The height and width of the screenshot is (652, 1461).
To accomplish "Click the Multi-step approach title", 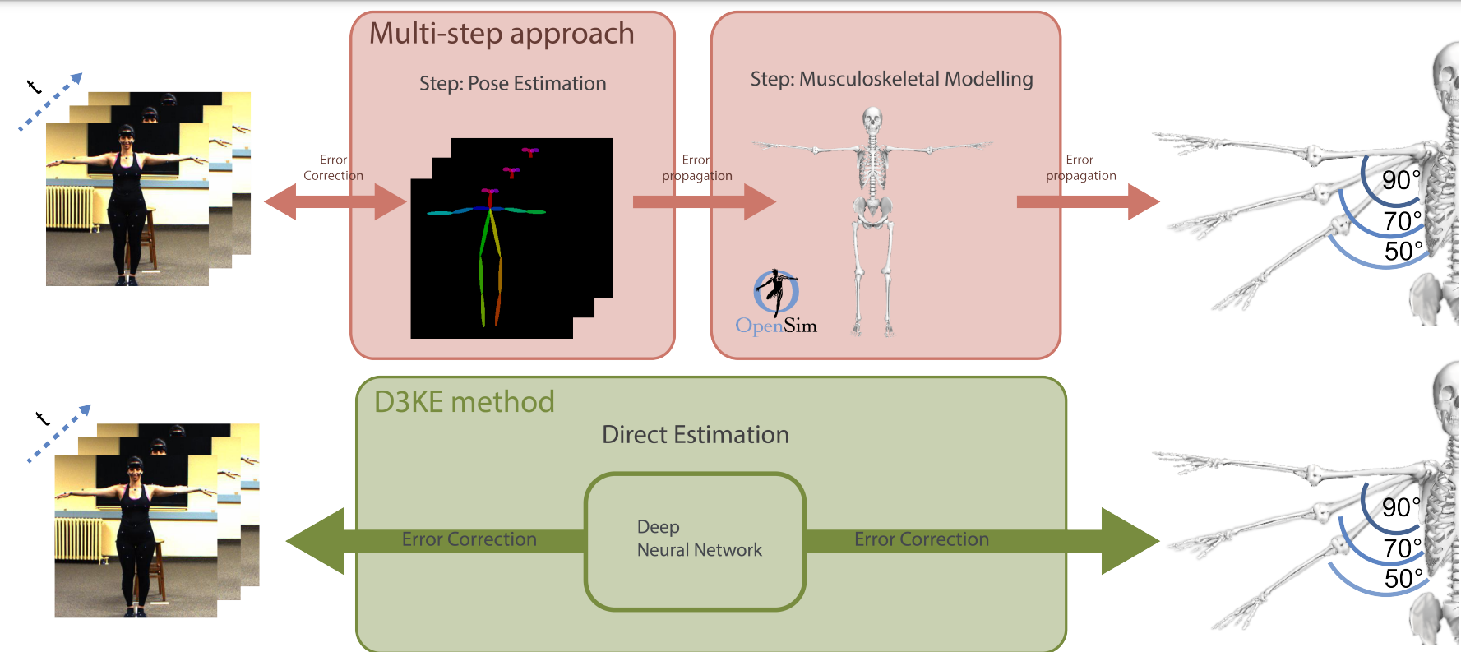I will click(502, 35).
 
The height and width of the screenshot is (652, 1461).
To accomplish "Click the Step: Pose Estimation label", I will click(512, 84).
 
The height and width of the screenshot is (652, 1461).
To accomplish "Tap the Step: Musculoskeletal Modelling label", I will click(891, 79).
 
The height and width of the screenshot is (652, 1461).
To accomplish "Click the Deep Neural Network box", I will click(695, 540).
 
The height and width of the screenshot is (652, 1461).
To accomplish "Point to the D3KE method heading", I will click(465, 402).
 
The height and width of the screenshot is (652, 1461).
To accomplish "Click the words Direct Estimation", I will click(695, 435).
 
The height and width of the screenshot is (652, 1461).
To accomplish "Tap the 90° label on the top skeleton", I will click(1400, 180).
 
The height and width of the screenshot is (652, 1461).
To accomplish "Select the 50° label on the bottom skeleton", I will click(1403, 579).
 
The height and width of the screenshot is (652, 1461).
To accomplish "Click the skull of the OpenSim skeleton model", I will click(872, 119).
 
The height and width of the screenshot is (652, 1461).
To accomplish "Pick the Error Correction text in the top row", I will click(333, 168).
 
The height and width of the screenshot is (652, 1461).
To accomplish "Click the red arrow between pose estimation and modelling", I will click(703, 202).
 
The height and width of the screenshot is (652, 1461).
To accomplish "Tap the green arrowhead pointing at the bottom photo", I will click(317, 540).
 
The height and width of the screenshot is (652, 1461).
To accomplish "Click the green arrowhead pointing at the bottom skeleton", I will click(1128, 540).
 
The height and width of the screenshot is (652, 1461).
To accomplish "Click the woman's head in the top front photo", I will click(127, 138).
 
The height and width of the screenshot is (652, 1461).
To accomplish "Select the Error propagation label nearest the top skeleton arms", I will click(1080, 168).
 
